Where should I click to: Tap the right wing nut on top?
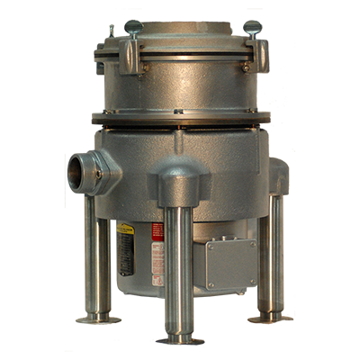tap(253, 28)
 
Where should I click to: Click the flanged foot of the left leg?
tap(94, 318)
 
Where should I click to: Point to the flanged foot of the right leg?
tap(267, 316)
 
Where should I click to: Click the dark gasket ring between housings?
tap(180, 117)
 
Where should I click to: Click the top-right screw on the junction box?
tap(252, 243)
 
